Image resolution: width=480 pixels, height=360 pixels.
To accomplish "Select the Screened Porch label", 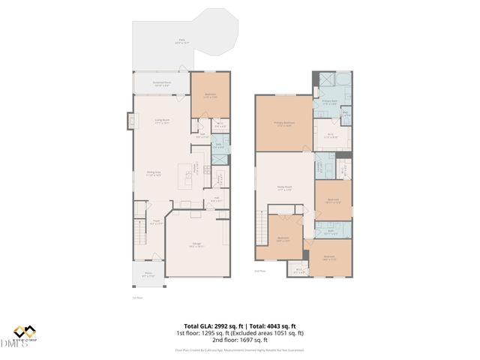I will tap(162, 83).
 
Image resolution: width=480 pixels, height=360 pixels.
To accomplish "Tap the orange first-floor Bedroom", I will tap(210, 95).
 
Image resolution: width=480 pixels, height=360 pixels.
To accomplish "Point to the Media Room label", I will tap(284, 189).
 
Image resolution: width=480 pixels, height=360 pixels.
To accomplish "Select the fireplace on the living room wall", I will tap(130, 121).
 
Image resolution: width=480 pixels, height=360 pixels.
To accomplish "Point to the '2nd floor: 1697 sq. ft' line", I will tap(240, 340).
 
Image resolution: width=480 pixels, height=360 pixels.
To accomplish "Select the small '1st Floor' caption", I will tap(137, 296).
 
